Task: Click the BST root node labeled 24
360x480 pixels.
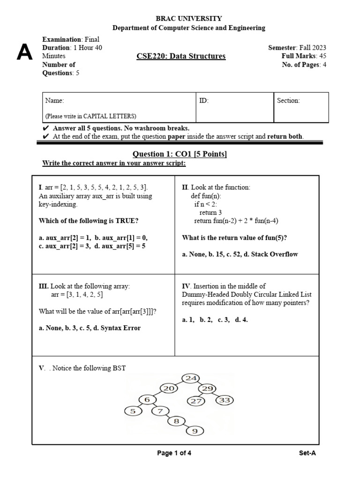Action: [x=191, y=378]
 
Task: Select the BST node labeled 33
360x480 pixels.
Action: [x=225, y=400]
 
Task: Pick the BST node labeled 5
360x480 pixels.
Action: [x=133, y=411]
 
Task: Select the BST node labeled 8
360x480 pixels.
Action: [x=177, y=421]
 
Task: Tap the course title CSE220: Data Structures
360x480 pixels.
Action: [x=181, y=56]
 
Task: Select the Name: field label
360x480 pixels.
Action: [x=54, y=101]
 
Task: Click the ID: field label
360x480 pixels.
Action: [x=204, y=101]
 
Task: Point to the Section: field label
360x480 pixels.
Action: [x=288, y=101]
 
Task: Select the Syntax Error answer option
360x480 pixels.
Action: [x=119, y=328]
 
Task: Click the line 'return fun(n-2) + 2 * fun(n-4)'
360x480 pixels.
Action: [x=237, y=221]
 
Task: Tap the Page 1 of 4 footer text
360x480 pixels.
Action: [x=174, y=453]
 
